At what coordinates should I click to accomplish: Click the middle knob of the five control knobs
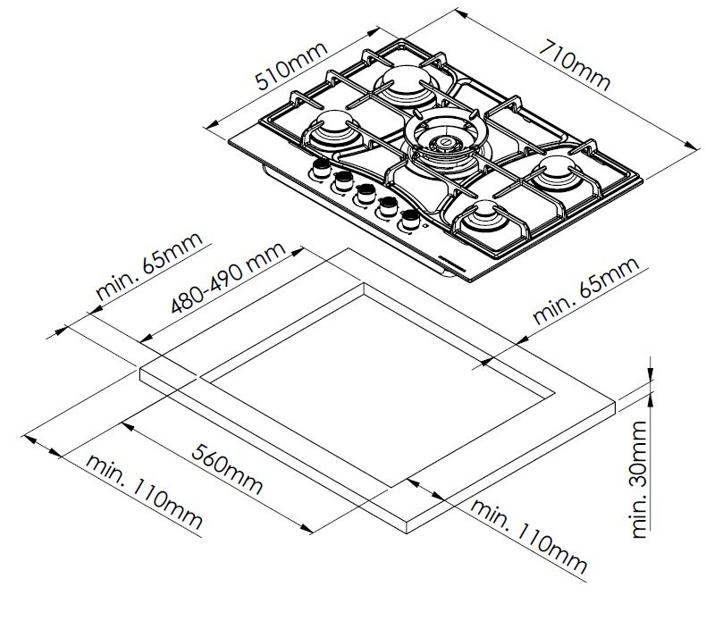click(x=364, y=192)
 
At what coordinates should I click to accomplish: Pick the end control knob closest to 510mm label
click(x=321, y=171)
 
